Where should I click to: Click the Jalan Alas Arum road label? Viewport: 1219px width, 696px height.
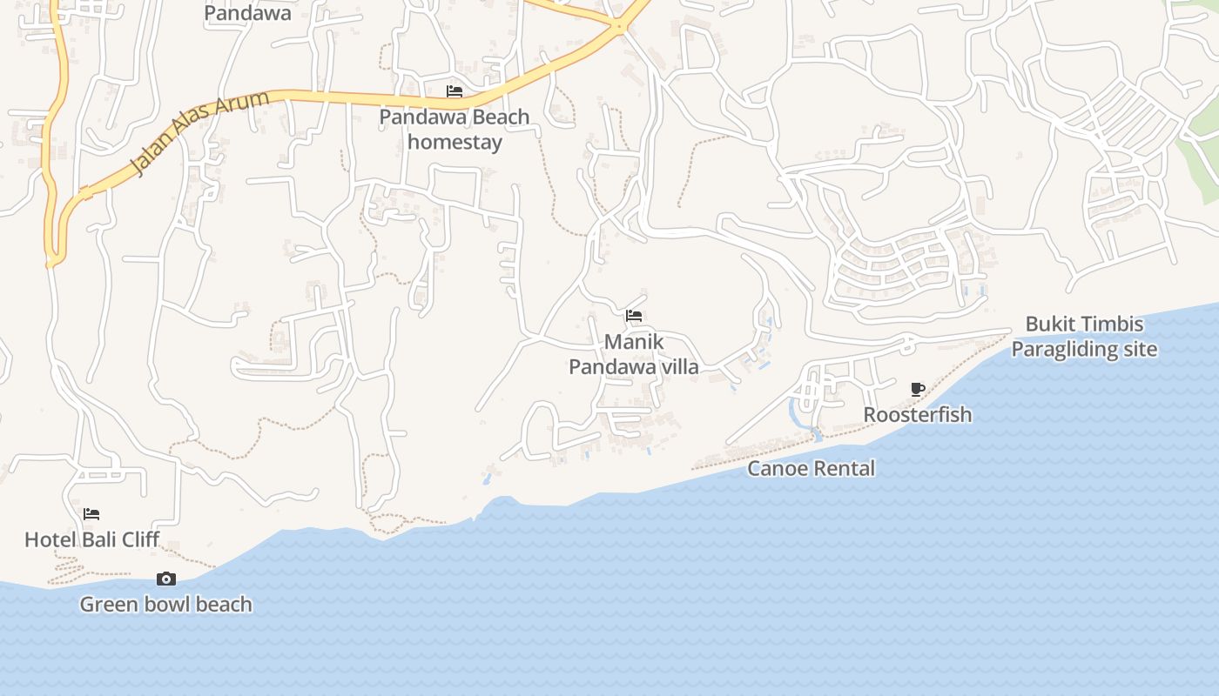[199, 132]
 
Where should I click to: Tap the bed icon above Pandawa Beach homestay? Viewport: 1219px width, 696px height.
[455, 91]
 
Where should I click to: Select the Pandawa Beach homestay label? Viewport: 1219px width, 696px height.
[455, 129]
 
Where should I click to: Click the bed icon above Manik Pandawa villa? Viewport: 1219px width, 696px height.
[634, 316]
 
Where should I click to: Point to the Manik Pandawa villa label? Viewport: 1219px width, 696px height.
[634, 354]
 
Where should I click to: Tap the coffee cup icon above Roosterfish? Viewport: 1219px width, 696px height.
[917, 389]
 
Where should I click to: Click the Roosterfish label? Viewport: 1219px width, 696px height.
[917, 414]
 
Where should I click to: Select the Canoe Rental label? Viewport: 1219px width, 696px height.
[812, 468]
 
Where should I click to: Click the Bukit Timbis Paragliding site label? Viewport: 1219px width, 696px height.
[1084, 337]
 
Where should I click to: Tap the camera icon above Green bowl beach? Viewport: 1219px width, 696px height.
[165, 579]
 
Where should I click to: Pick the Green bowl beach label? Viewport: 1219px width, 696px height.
[165, 604]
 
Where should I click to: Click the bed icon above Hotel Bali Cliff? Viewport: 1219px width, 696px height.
[91, 514]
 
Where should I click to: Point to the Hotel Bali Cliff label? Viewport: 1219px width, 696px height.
[91, 539]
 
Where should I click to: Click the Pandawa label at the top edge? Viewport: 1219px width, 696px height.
[247, 13]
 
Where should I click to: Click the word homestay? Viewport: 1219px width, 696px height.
[455, 142]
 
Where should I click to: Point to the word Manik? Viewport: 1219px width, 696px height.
[634, 342]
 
